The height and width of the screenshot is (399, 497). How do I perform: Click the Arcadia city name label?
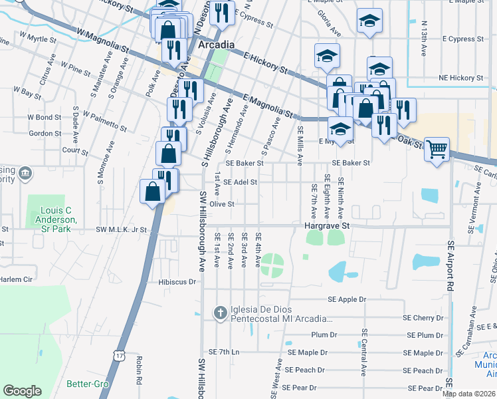(216, 45)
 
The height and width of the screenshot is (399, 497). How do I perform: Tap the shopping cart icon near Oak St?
(437, 149)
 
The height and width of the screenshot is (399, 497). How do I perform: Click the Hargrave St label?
(327, 226)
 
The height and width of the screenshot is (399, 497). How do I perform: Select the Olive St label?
(221, 204)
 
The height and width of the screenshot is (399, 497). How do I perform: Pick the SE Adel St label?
(240, 182)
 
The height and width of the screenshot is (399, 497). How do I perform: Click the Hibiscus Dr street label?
(178, 282)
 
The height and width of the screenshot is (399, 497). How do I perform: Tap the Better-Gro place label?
(83, 384)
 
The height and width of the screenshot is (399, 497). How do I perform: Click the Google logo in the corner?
(22, 390)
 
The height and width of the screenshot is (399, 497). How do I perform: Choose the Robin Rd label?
(140, 372)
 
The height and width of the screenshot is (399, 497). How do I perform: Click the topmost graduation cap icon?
(369, 21)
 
